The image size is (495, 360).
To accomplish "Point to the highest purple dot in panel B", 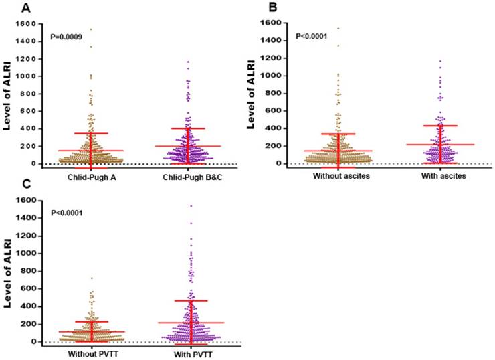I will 440,61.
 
